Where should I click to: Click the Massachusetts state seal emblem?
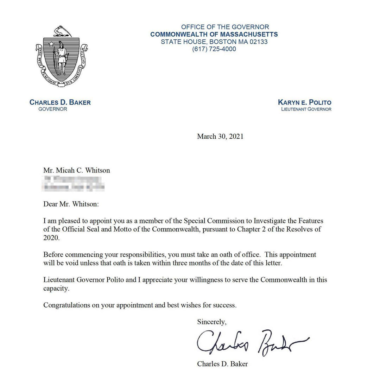pos(62,56)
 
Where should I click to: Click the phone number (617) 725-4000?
pos(214,49)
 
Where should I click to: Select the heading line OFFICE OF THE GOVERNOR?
pos(225,27)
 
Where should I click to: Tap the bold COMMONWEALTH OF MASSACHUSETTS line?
pos(214,34)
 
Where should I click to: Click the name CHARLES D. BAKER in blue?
pos(60,103)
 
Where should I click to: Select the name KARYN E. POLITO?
pos(304,103)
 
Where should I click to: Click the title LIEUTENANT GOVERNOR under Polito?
pos(306,109)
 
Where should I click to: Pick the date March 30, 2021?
pos(220,137)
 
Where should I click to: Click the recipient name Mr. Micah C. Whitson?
pos(76,170)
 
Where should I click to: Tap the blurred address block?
pos(74,184)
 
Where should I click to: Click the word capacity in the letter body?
pos(56,288)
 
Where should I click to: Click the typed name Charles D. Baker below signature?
pos(222,364)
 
